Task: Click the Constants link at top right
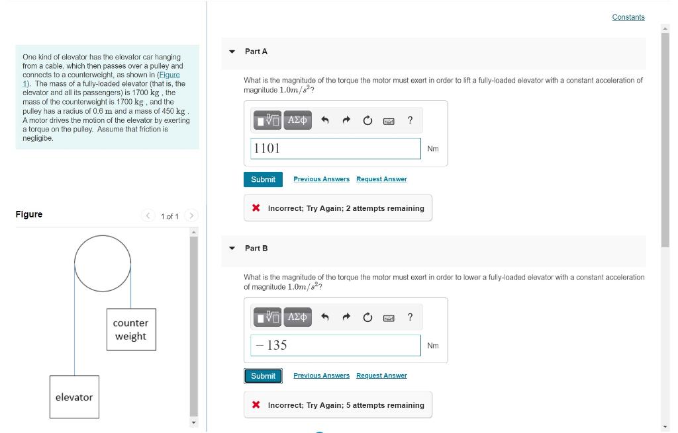[628, 17]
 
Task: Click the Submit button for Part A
[263, 179]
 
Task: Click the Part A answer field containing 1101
[336, 149]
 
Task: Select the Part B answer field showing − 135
[336, 345]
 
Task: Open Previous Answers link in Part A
[321, 179]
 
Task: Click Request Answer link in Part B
[381, 375]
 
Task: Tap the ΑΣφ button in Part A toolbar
[298, 120]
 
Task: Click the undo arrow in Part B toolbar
[325, 317]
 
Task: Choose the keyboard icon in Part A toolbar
[389, 120]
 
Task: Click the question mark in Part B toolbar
[411, 317]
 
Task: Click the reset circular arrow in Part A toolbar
[367, 120]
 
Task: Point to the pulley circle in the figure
[103, 263]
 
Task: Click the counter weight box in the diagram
[131, 329]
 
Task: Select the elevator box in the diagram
[74, 397]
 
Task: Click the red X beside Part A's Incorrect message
[256, 208]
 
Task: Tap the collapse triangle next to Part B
[232, 249]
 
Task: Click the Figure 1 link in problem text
[168, 75]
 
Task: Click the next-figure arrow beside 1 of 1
[191, 216]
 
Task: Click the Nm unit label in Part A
[433, 149]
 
